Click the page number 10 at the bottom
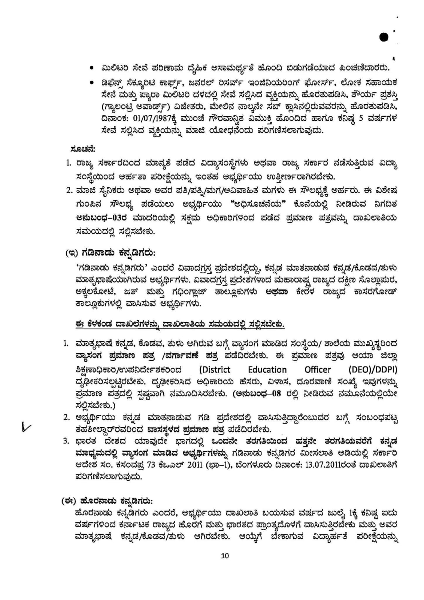225,556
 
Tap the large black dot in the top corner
384,37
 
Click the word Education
267,370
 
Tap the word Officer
318,370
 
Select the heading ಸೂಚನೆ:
83,149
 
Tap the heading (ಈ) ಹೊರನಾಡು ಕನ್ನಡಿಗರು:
107,501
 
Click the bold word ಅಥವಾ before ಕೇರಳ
276,292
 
